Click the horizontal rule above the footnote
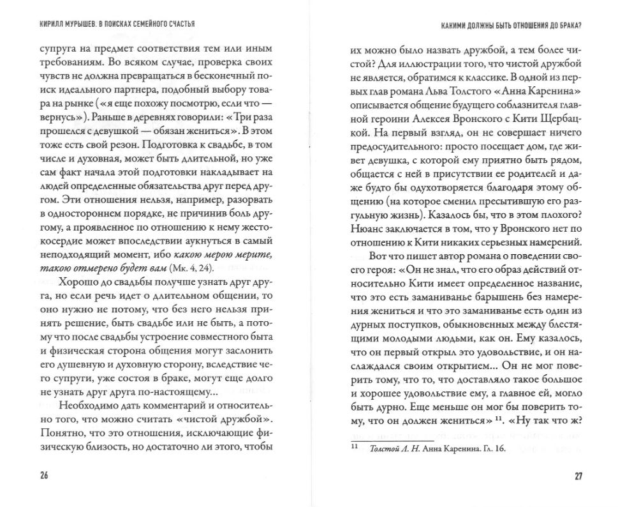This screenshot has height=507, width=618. [x=392, y=439]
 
